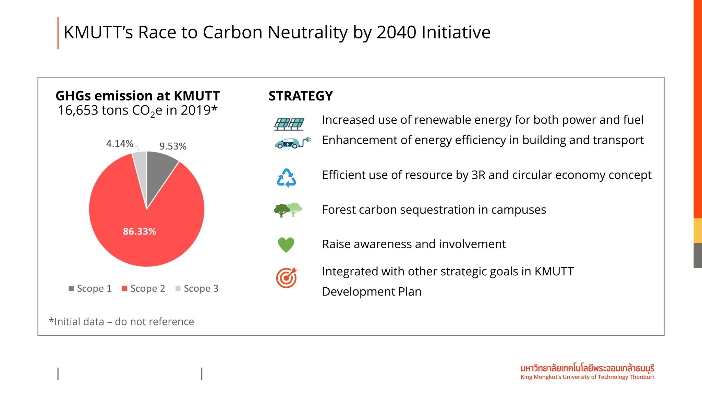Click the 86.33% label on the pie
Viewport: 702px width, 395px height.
(140, 231)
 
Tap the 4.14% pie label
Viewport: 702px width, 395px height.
(120, 143)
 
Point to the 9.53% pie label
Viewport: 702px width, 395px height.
(173, 146)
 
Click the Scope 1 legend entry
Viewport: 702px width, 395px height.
(90, 288)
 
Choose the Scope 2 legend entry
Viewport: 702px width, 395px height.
(144, 288)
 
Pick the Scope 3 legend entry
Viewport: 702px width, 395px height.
(197, 288)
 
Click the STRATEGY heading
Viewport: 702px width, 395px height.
(301, 96)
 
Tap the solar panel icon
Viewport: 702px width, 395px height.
(289, 124)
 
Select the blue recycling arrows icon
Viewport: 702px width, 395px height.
(286, 178)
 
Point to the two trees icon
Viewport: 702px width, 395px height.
(288, 210)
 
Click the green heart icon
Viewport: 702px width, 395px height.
(286, 245)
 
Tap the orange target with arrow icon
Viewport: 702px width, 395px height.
(287, 278)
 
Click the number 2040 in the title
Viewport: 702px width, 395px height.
(396, 32)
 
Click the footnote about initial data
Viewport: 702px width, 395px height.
(121, 322)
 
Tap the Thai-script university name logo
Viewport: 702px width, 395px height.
(587, 369)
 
